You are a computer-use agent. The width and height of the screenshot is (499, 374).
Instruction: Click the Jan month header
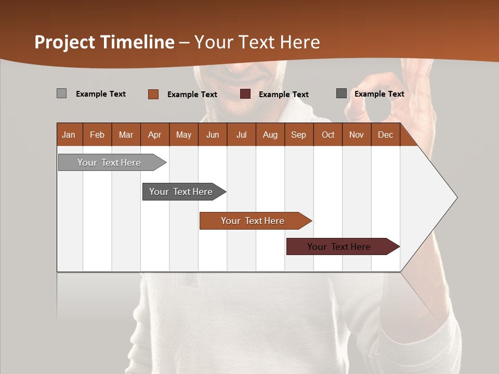click(69, 135)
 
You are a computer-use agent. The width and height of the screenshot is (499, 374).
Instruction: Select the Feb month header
click(97, 135)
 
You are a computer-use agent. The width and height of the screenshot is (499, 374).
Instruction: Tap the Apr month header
click(154, 135)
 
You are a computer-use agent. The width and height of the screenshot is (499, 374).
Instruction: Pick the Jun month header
click(213, 135)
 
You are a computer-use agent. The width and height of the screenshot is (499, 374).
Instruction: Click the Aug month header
click(270, 135)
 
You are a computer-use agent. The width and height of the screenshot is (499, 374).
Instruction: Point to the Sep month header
click(298, 135)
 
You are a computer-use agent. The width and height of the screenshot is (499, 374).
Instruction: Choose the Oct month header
click(328, 135)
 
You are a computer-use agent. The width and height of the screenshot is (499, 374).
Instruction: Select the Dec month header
click(385, 135)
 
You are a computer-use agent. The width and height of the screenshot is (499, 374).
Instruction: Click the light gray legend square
click(61, 94)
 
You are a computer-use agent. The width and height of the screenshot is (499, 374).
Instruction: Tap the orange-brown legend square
click(153, 94)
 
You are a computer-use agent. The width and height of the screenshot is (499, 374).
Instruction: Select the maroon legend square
click(245, 94)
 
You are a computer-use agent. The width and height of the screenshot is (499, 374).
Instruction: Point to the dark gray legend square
click(342, 94)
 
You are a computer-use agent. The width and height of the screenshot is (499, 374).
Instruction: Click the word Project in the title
click(64, 42)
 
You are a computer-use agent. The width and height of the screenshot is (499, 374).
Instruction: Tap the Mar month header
click(126, 135)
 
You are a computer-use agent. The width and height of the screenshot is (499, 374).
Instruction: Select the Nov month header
click(356, 135)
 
